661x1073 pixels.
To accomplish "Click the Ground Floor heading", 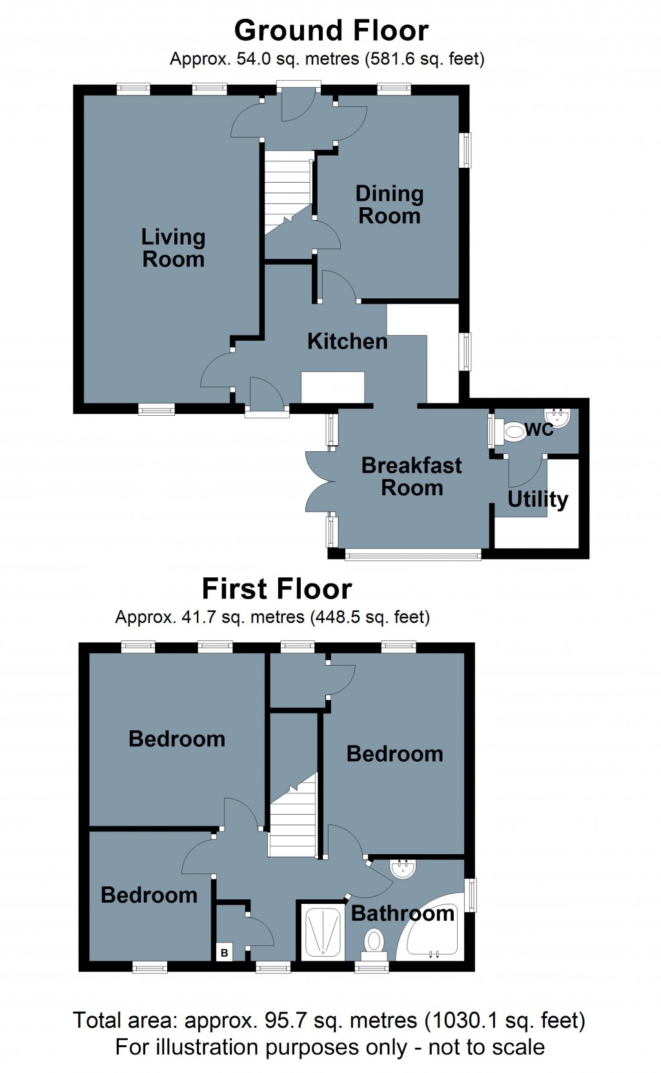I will click(x=330, y=30).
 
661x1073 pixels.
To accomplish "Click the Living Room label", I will click(x=173, y=248).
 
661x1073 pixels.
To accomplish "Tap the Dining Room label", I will click(x=389, y=204).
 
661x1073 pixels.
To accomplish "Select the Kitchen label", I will click(x=347, y=341).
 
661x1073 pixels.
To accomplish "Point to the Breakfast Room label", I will click(x=411, y=476).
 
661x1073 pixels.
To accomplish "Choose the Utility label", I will click(x=537, y=499).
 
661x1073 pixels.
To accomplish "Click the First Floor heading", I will click(x=276, y=589).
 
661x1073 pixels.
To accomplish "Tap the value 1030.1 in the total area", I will click(x=458, y=1021).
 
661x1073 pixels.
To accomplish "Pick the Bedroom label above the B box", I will click(x=149, y=895).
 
